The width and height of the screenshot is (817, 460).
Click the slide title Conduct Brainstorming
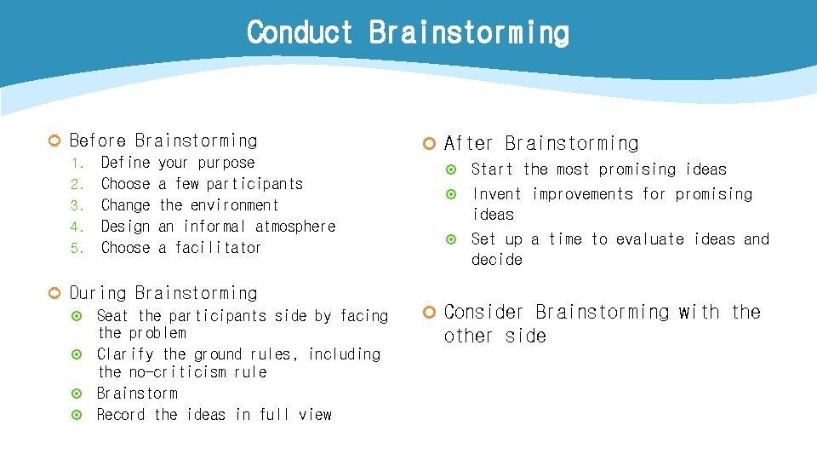(408, 33)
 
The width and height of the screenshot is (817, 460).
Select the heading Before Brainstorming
(163, 141)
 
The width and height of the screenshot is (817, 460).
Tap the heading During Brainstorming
(163, 293)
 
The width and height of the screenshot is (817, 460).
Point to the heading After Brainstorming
(540, 143)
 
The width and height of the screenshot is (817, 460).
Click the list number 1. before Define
(76, 163)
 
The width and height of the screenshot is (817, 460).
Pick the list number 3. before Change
(76, 205)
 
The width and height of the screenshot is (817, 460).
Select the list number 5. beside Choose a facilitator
(76, 248)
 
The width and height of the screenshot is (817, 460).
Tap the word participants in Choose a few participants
(254, 184)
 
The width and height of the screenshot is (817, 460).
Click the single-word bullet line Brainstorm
(137, 394)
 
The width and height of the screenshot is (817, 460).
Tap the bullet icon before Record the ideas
(77, 415)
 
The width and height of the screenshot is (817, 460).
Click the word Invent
(497, 194)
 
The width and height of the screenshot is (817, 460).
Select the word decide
(497, 259)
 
